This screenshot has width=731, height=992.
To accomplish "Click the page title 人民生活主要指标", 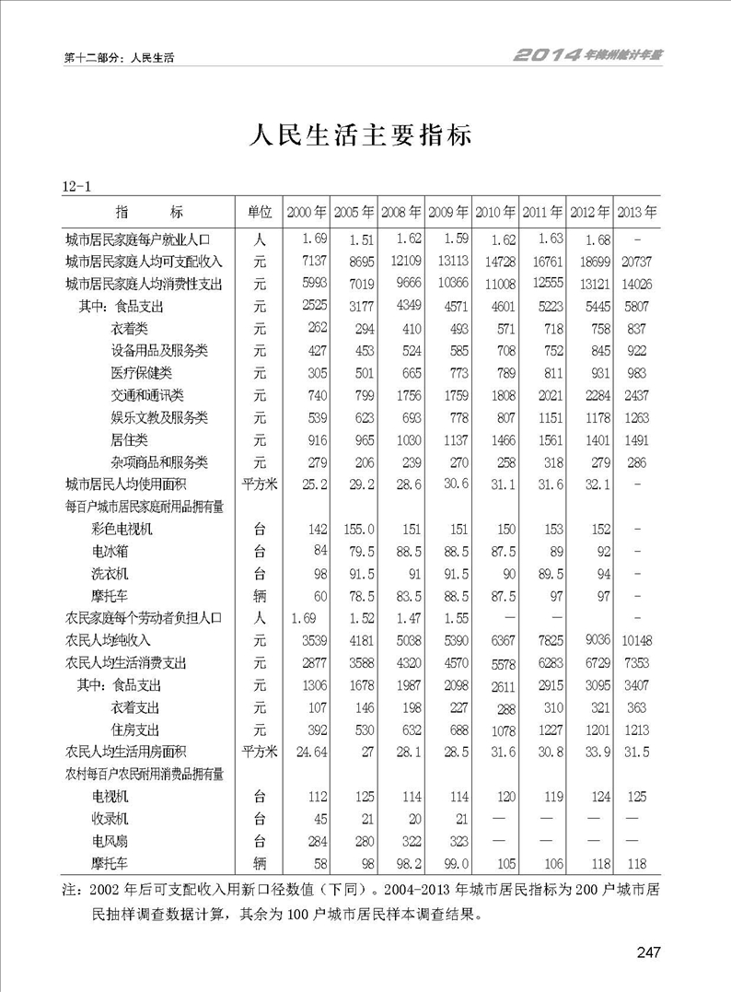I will [x=362, y=135].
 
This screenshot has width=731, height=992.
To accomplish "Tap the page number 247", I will [x=649, y=953].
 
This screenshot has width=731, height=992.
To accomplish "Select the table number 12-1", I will [x=76, y=188].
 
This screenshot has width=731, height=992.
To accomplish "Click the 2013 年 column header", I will [x=637, y=212].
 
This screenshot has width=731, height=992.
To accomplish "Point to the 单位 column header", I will [x=260, y=212].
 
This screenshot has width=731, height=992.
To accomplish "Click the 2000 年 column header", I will [x=307, y=212].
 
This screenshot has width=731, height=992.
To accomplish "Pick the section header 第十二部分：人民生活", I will [x=120, y=57].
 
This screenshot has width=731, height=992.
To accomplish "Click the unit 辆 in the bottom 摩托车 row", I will [x=260, y=864].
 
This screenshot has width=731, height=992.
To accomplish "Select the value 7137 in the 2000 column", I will [x=313, y=262].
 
